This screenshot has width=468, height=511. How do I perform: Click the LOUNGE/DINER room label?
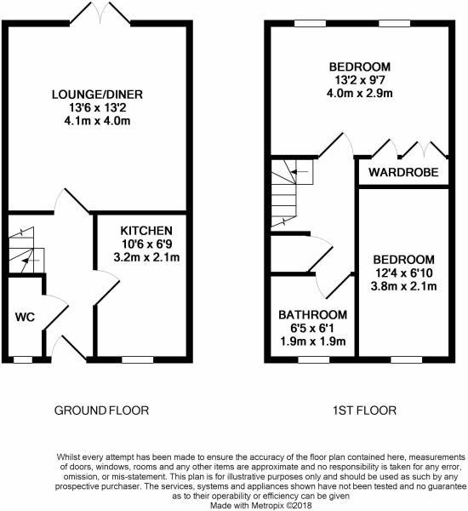click(x=97, y=95)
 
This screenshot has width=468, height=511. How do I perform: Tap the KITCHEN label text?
click(x=146, y=231)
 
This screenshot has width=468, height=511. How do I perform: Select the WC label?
click(x=25, y=317)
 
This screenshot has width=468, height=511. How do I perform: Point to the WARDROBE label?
click(x=403, y=172)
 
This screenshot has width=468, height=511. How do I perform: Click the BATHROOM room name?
click(x=312, y=315)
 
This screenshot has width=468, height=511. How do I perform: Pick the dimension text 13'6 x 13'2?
click(x=97, y=108)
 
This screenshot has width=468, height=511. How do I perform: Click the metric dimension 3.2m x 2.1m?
click(x=146, y=257)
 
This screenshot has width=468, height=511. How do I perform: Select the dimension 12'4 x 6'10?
click(x=403, y=273)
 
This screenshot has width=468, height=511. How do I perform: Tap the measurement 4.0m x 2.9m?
click(x=360, y=94)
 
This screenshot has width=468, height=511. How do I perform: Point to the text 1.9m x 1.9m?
click(x=312, y=342)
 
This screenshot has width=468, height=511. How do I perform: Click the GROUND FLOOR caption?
click(x=101, y=411)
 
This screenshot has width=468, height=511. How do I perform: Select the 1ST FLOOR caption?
click(x=364, y=411)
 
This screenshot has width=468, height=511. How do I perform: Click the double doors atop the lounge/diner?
click(x=100, y=14)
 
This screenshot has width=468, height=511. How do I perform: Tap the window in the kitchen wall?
click(x=138, y=359)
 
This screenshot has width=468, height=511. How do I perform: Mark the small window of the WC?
click(x=23, y=359)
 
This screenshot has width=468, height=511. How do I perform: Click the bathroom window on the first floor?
click(x=314, y=359)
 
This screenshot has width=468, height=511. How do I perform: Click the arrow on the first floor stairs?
click(x=300, y=171)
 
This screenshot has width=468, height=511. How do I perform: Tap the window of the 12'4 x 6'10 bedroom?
click(x=407, y=359)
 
